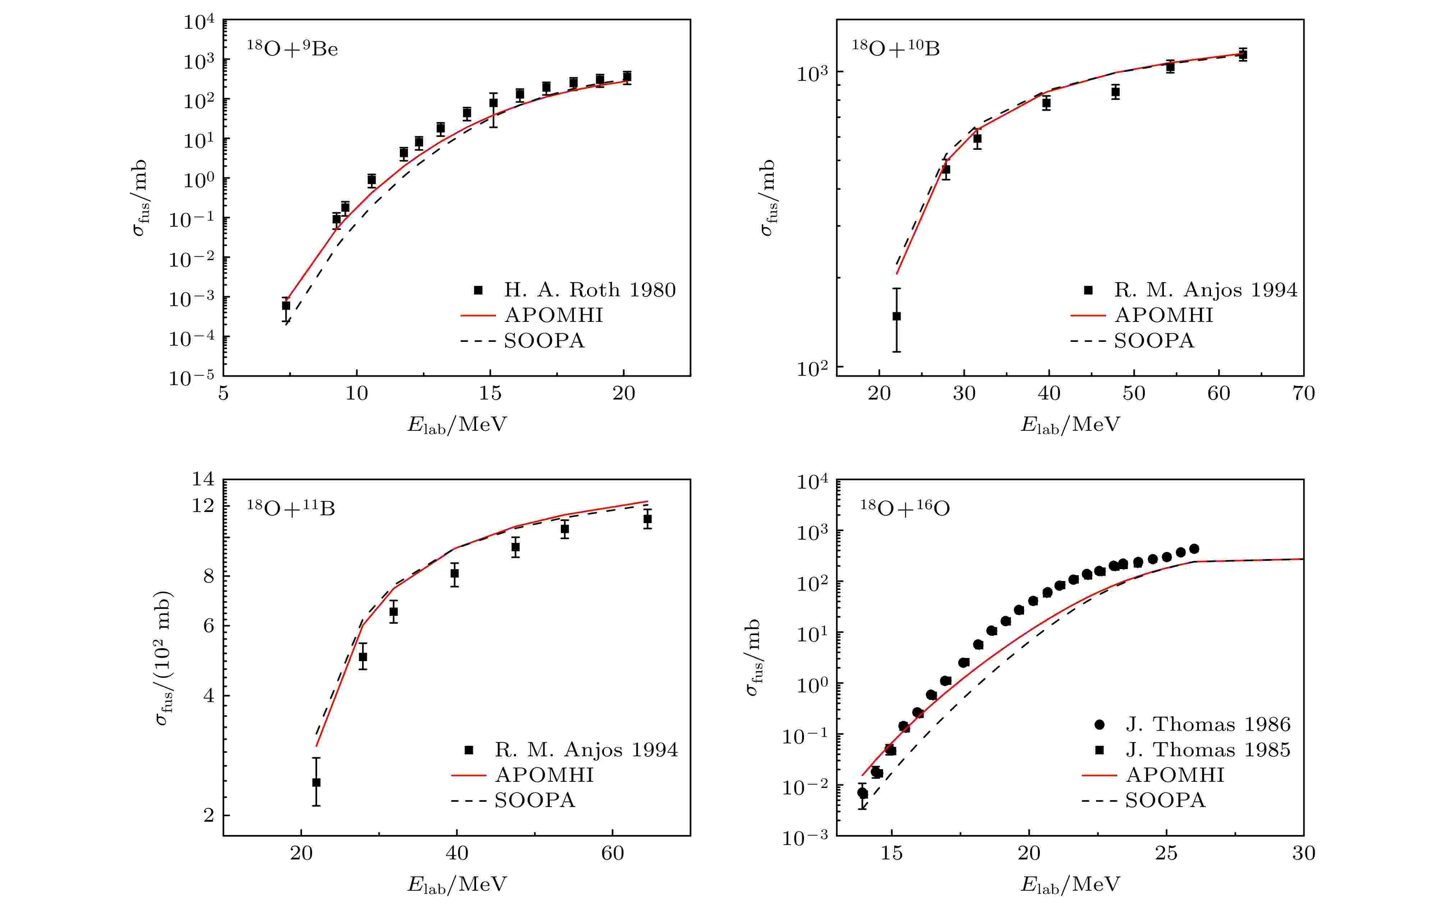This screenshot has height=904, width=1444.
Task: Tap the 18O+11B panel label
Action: [x=291, y=508]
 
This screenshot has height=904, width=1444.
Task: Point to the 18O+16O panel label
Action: [x=904, y=508]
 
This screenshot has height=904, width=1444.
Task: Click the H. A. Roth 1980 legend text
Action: [x=589, y=290]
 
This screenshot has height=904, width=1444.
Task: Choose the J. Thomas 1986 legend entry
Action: [x=1207, y=724]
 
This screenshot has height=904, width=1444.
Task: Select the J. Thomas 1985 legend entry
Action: [x=1207, y=750]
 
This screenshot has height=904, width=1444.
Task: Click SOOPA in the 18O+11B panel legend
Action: [x=534, y=800]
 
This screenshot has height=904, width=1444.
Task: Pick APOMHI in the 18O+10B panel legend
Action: [x=1164, y=315]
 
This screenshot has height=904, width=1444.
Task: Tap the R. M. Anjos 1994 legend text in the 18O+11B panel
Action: [x=586, y=750]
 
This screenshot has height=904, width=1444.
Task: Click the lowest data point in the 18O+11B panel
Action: [x=316, y=782]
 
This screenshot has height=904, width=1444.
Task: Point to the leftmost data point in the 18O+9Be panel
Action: [x=286, y=305]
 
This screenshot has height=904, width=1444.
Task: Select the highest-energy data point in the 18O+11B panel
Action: [x=647, y=519]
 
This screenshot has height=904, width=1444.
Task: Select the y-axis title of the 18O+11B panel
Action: [x=164, y=658]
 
